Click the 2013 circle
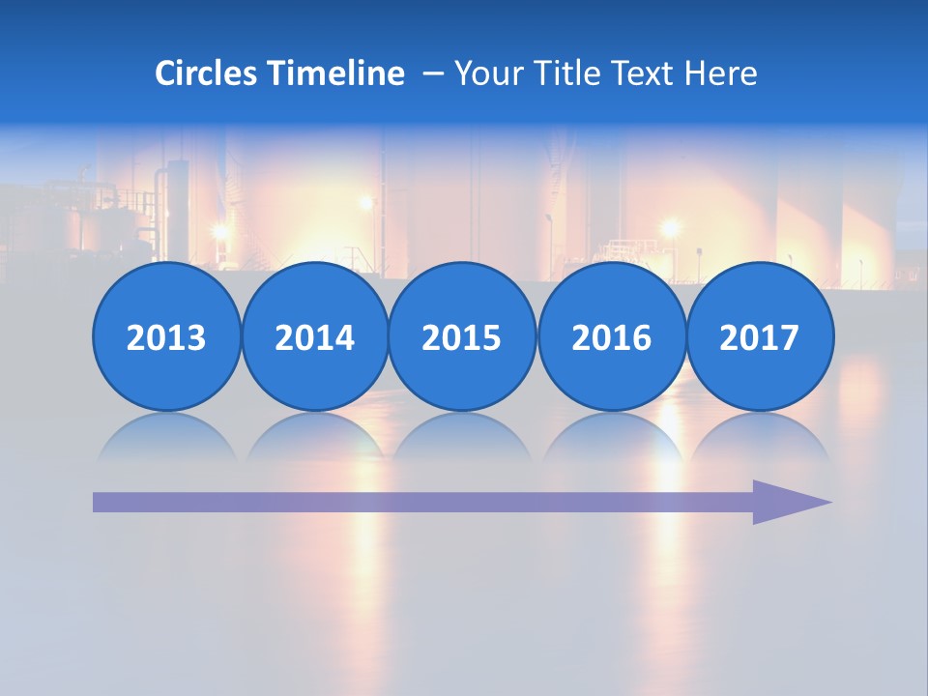point(166,337)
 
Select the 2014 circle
point(315,337)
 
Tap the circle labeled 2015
point(462,337)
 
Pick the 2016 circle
point(612,337)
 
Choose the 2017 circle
point(760,337)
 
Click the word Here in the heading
point(721,73)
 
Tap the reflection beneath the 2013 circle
point(166,437)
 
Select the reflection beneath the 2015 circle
point(462,437)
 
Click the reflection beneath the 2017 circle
point(760,437)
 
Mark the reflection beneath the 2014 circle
point(315,437)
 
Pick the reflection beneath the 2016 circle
point(612,437)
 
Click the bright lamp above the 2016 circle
point(669,228)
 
